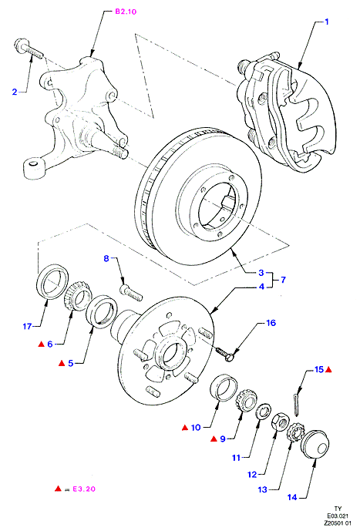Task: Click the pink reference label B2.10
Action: pyautogui.click(x=126, y=12)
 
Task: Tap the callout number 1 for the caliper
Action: pyautogui.click(x=327, y=22)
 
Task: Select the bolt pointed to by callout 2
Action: pyautogui.click(x=29, y=49)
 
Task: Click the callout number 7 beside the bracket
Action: pyautogui.click(x=283, y=280)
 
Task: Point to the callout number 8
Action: pyautogui.click(x=106, y=259)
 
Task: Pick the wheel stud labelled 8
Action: pyautogui.click(x=131, y=293)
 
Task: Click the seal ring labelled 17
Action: pyautogui.click(x=52, y=282)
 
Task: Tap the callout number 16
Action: pyautogui.click(x=271, y=323)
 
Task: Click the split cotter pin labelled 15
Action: pyautogui.click(x=296, y=404)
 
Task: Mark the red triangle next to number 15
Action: pyautogui.click(x=328, y=370)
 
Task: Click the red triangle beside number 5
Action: pyautogui.click(x=62, y=363)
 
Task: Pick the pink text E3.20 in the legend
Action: pyautogui.click(x=83, y=489)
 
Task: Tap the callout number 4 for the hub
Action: pyautogui.click(x=261, y=287)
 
